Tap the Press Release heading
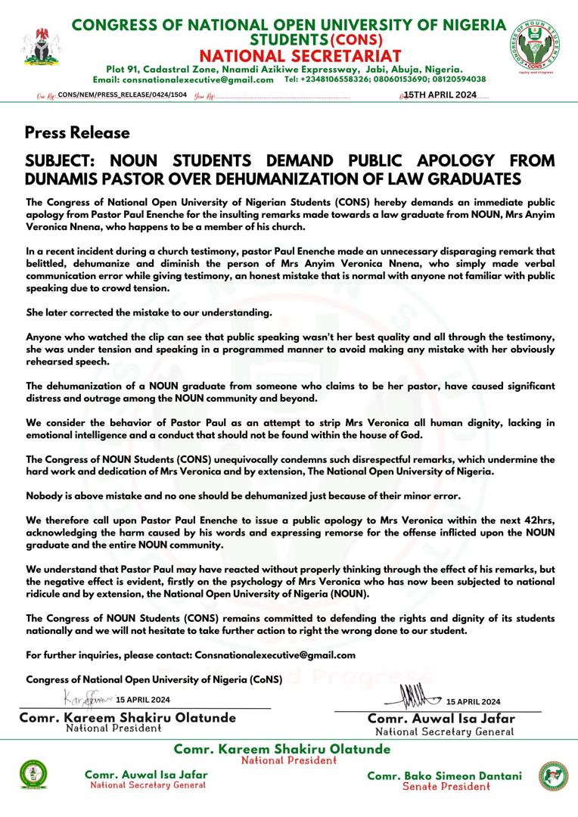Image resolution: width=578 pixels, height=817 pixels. click(x=77, y=132)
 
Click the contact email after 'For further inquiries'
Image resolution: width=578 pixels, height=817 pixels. click(x=275, y=655)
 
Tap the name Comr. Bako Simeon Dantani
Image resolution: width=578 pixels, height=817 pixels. click(x=444, y=775)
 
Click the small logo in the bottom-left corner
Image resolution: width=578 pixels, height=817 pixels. click(x=33, y=775)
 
